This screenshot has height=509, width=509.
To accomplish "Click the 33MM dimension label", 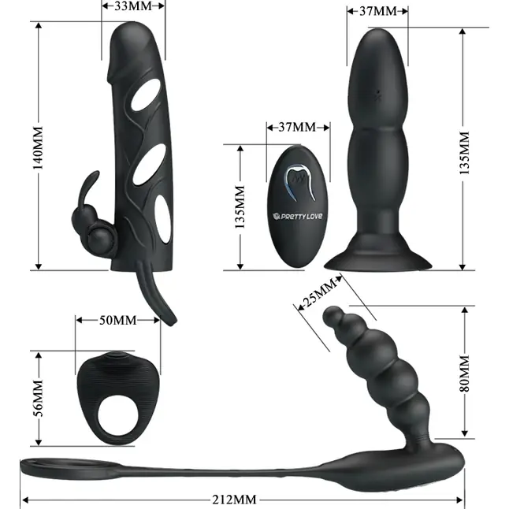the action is pos(133,6).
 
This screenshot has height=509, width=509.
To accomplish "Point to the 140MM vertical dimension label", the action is pos(38,148).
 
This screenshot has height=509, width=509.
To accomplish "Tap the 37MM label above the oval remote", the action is pos(297,128).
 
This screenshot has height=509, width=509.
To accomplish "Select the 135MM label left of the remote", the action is pos(240,207).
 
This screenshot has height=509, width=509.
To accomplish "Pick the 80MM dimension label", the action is pos(465,373).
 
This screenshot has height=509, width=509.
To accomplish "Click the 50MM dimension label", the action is pos(118,321).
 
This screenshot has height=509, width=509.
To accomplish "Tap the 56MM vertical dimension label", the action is pos(38,399).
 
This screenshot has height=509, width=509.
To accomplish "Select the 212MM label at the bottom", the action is pos(234,500).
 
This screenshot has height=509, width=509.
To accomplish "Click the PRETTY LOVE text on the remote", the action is pos(298,216).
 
